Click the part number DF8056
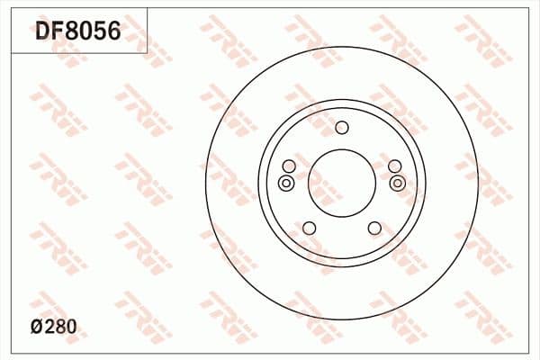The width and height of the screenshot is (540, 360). [x=77, y=33]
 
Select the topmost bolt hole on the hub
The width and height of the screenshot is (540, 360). [x=341, y=127]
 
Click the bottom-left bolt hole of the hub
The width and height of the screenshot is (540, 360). [x=308, y=228]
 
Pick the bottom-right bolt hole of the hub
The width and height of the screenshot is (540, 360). [x=373, y=228]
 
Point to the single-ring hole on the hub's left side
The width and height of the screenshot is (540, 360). [x=288, y=166]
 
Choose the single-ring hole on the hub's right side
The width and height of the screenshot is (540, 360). [x=393, y=166]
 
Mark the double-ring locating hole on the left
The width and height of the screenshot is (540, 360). [x=286, y=184]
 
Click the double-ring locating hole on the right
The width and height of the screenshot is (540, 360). [x=398, y=184]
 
